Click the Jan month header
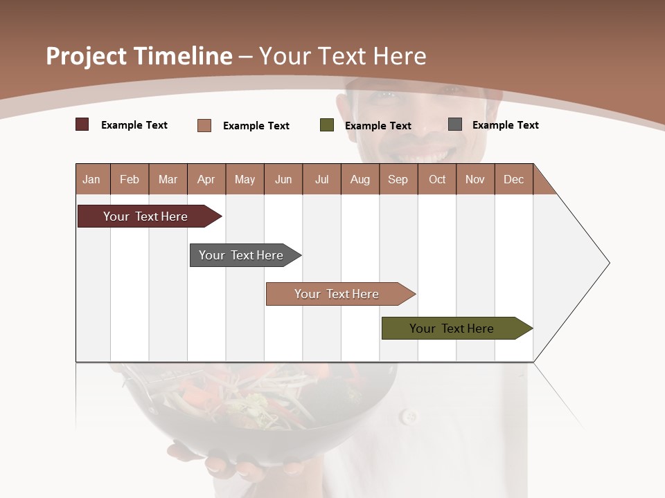point(91,179)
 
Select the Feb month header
point(130,179)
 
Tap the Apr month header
point(206,179)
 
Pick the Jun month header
point(283,179)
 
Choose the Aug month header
point(360,179)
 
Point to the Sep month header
point(398,179)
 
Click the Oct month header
point(437,179)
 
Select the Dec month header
point(513,179)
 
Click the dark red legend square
point(82,124)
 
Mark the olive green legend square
point(327,125)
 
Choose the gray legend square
point(455,124)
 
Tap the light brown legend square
point(204,125)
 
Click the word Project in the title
point(87,56)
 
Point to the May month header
point(245,179)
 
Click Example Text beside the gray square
point(505,125)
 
